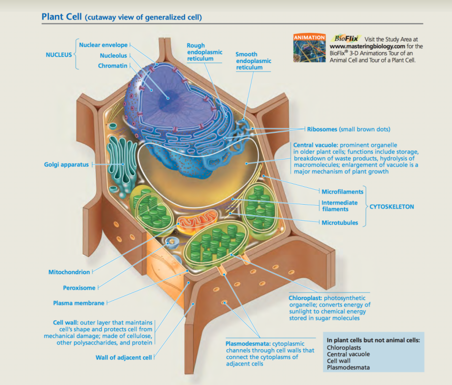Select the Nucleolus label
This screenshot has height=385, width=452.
click(113, 56)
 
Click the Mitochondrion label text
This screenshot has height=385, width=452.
click(69, 272)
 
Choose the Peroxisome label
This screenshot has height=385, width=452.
click(79, 288)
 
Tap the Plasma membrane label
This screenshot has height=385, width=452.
click(78, 303)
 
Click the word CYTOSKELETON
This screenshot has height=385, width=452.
click(391, 207)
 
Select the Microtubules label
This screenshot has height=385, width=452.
click(340, 223)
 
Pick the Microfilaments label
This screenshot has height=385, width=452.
click(342, 191)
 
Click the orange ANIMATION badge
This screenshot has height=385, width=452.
click(309, 38)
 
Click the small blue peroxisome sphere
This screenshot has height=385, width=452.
click(172, 243)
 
